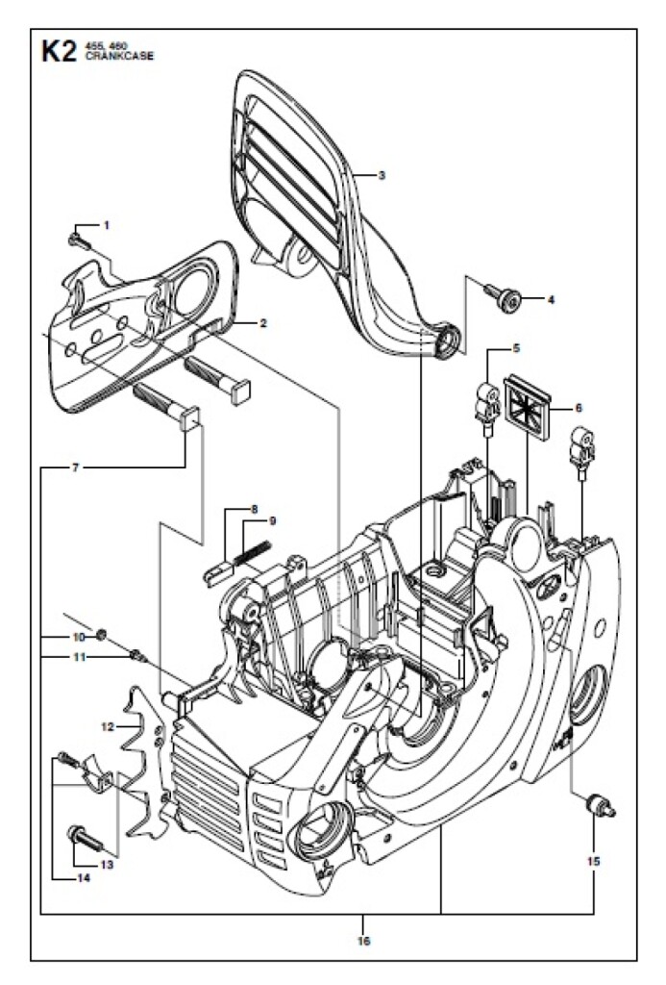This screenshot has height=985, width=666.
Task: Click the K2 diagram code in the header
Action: click(59, 52)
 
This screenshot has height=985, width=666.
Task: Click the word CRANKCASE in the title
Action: click(118, 56)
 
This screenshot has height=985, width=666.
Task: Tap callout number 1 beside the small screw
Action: click(106, 224)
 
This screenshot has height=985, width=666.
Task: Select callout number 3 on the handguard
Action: click(381, 175)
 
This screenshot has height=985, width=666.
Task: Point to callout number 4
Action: click(551, 300)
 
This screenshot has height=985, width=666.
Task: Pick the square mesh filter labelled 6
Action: click(528, 407)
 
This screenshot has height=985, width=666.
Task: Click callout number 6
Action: click(579, 408)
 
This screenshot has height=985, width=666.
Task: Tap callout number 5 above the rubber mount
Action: click(516, 347)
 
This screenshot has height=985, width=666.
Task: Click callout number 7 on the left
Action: click(75, 468)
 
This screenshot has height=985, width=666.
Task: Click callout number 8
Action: click(255, 510)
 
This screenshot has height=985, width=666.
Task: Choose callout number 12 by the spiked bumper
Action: click(108, 727)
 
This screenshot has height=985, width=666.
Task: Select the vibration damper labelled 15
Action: click(600, 806)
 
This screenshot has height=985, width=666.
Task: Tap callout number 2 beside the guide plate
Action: click(263, 323)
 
